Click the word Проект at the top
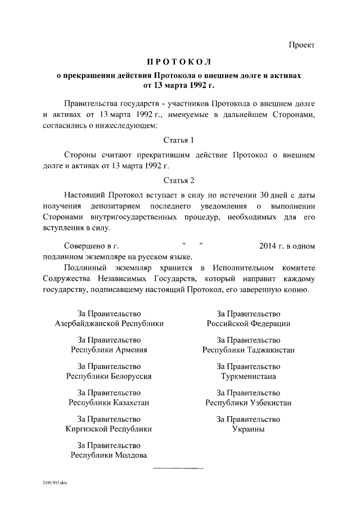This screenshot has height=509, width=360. pos(302,45)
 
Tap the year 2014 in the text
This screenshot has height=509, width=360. pos(271,246)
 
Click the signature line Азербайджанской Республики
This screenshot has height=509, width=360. pos(109,324)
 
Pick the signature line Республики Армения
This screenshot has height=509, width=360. pos(109,350)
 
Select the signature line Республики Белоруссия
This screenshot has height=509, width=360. pos(109,376)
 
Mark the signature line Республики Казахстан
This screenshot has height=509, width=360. pos(109,403)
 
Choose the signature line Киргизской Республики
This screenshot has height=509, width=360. pos(109,429)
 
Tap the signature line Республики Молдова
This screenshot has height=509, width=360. pos(109,455)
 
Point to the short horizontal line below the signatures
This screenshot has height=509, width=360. pos(178,468)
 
